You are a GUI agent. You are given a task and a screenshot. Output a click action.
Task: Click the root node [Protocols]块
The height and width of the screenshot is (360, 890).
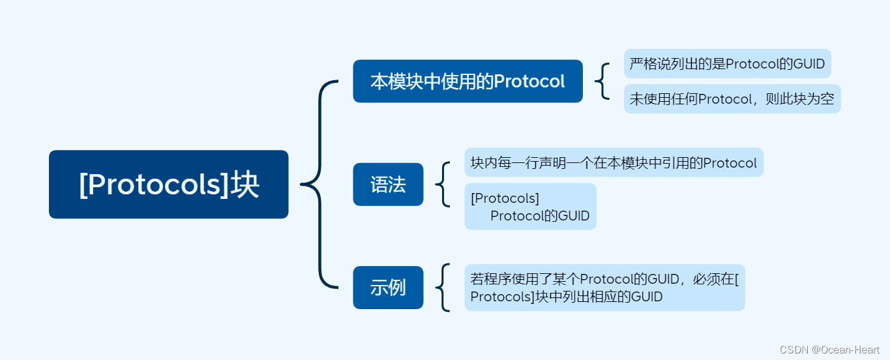168,185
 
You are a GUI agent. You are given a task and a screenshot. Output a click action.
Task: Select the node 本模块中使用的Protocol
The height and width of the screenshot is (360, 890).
467,82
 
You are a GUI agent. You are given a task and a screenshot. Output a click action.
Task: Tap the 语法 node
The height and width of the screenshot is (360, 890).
388,185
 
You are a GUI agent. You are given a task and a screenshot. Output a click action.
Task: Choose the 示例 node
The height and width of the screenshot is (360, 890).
388,288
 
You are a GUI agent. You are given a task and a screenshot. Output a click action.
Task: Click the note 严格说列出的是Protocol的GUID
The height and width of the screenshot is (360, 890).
727,64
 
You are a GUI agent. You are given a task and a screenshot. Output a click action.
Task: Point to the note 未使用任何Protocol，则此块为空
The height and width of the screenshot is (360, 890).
732,99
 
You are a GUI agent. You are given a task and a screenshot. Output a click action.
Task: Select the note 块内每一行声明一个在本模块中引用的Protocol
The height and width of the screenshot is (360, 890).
614,162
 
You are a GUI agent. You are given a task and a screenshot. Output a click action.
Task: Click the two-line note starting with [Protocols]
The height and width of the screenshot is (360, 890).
530,207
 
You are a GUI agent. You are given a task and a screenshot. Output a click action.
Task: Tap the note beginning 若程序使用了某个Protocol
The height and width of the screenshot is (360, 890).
604,288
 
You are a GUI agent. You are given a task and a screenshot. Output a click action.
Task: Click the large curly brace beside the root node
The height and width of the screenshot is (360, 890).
320,185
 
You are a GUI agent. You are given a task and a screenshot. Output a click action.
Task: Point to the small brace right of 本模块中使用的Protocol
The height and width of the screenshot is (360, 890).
602,82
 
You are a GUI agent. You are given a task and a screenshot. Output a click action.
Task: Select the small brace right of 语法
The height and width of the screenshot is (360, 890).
443,185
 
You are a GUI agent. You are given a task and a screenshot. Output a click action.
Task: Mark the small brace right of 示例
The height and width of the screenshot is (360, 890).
443,288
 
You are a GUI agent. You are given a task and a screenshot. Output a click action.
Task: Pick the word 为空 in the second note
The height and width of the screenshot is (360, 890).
820,99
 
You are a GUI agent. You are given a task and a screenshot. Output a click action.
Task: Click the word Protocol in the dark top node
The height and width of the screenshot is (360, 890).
529,82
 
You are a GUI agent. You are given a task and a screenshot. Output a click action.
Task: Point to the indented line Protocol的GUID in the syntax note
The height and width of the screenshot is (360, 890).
540,216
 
